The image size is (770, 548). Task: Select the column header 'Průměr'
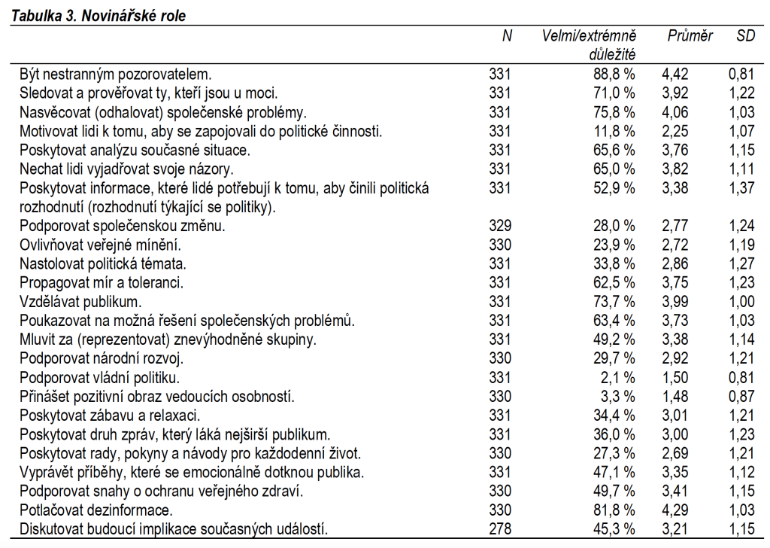click(690, 36)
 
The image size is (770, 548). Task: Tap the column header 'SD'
click(745, 36)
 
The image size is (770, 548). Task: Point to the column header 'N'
click(507, 36)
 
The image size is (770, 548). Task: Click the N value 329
click(499, 225)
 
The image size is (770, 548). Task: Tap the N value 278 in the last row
click(499, 528)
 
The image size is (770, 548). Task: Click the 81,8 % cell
click(613, 510)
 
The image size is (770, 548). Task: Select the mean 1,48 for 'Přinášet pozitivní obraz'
click(675, 396)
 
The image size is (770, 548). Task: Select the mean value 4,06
click(675, 112)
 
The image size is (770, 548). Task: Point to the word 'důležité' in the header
click(613, 54)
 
